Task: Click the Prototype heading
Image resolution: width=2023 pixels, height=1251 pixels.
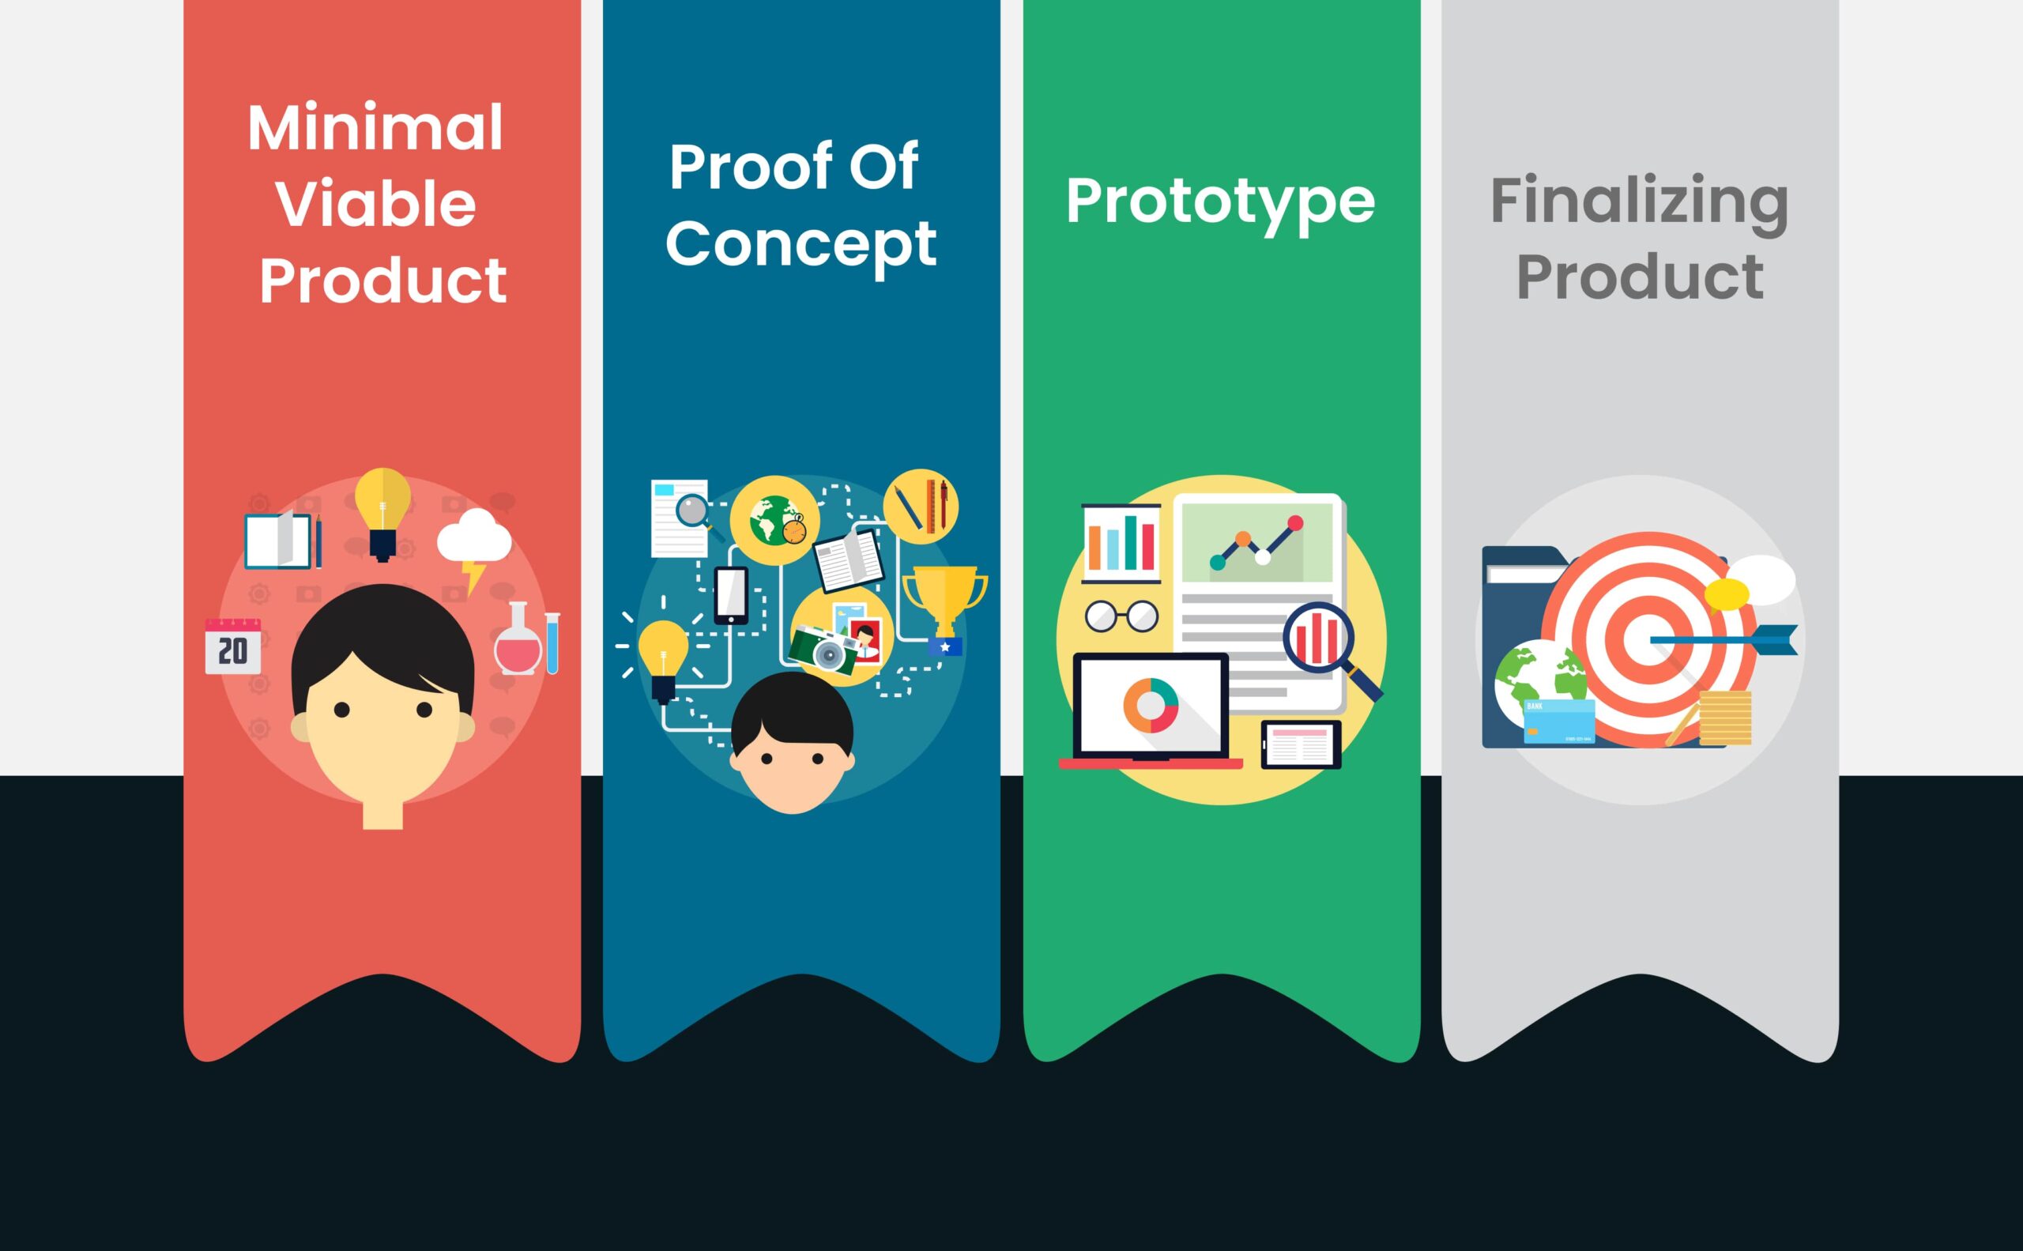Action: click(x=1220, y=201)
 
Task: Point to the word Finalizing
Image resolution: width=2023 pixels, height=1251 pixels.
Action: click(x=1639, y=201)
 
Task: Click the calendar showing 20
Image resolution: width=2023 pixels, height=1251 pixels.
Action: click(x=232, y=646)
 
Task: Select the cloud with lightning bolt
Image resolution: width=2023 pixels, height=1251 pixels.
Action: click(x=474, y=546)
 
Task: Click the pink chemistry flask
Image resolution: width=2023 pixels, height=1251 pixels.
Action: click(x=518, y=638)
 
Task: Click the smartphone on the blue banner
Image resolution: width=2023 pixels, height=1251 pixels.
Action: click(x=732, y=596)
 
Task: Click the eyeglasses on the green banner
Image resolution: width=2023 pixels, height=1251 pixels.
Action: click(x=1122, y=616)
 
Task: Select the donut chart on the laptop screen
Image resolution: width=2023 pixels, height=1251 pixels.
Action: click(x=1150, y=705)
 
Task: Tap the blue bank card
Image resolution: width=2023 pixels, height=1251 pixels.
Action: click(x=1560, y=722)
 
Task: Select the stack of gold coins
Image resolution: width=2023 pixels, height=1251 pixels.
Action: click(x=1725, y=718)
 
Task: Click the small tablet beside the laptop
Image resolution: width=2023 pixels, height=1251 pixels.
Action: click(x=1301, y=744)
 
